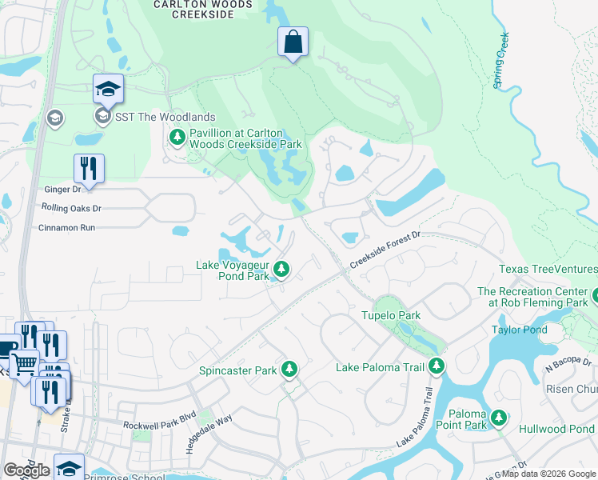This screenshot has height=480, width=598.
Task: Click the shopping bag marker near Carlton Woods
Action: tap(293, 42)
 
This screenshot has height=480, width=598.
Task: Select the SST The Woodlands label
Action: tap(165, 118)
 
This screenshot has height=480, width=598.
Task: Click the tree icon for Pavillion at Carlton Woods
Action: tap(177, 138)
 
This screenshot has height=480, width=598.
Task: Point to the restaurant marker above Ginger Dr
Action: tap(89, 169)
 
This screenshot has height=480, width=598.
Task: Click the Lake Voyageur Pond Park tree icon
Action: tap(281, 269)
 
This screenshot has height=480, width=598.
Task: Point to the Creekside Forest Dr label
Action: tap(385, 250)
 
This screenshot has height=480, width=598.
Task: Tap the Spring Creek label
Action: tap(501, 61)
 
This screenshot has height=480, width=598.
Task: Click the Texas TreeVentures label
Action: tap(548, 270)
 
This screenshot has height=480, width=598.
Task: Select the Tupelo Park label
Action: tap(390, 315)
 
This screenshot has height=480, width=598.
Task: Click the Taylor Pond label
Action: tap(519, 330)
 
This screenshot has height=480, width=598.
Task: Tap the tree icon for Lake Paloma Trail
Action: tap(436, 366)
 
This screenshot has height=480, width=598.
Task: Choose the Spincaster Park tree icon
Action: tap(289, 370)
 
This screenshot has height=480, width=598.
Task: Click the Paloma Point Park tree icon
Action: tap(499, 418)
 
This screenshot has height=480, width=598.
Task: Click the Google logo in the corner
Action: tap(26, 470)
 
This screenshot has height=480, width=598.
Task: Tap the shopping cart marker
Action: tap(23, 365)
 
